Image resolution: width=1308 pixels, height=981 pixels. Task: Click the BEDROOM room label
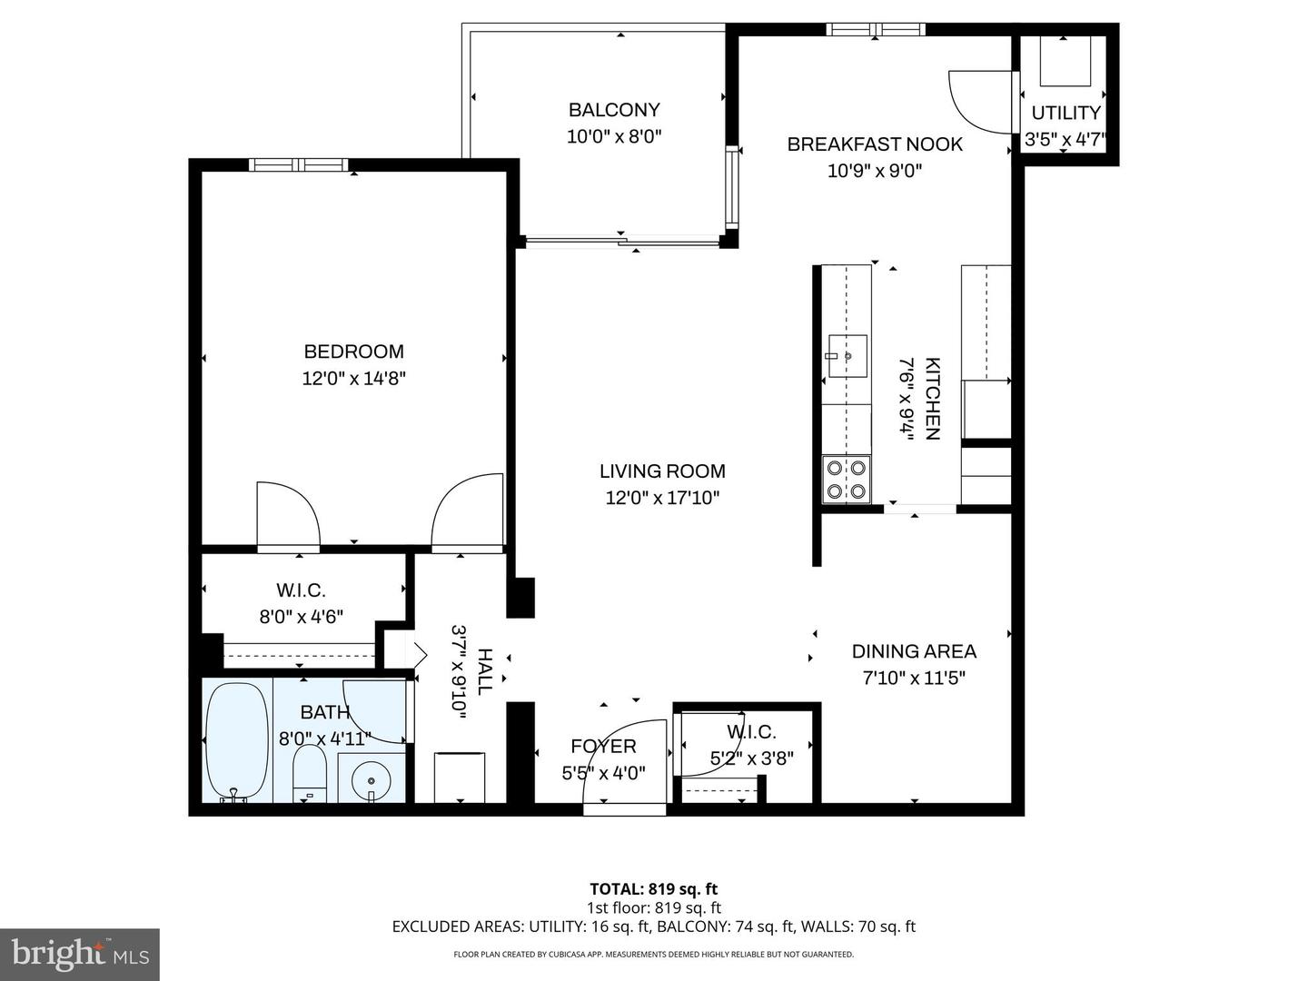(x=353, y=352)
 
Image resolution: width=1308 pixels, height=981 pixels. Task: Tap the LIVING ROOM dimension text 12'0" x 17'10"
(x=662, y=498)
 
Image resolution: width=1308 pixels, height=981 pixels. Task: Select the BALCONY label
(x=614, y=110)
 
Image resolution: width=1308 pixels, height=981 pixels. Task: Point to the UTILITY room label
(x=1065, y=113)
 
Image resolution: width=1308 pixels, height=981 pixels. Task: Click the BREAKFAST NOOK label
(x=875, y=144)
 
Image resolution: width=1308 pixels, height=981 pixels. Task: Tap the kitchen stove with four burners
(x=847, y=480)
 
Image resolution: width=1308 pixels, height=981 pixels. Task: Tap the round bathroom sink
(x=372, y=779)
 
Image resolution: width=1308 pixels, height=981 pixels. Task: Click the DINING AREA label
(x=914, y=651)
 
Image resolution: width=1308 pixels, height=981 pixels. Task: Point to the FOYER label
(x=603, y=747)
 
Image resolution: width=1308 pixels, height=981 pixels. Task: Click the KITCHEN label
(x=932, y=399)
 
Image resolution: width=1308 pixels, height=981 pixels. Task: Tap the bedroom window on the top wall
(x=298, y=164)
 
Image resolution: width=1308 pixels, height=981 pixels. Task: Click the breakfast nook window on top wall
(x=876, y=29)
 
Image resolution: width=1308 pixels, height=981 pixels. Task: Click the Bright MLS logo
(x=80, y=954)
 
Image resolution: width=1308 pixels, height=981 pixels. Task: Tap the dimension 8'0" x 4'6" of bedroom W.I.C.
(x=301, y=617)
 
